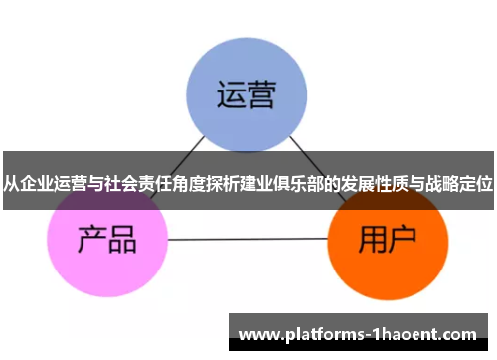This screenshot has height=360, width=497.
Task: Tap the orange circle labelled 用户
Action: pos(387,241)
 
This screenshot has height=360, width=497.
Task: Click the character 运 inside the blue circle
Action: pos(230,96)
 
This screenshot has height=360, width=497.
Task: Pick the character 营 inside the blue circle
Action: pos(263,96)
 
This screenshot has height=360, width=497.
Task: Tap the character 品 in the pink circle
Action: pos(123,240)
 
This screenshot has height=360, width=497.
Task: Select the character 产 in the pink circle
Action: pos(90,240)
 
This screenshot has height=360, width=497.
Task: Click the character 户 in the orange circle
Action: pos(404,240)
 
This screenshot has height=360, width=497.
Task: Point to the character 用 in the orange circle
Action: pos(371,240)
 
